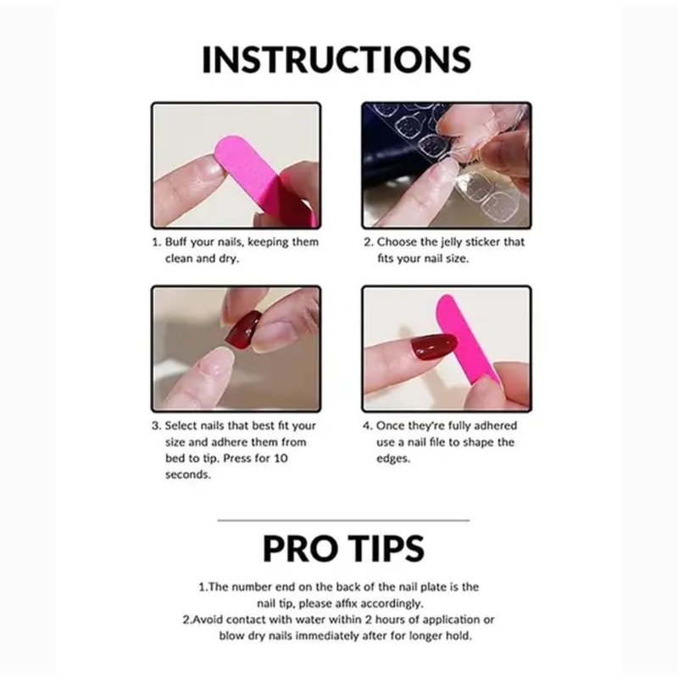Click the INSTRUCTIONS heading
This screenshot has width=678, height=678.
point(336,59)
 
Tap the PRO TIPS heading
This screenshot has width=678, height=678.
point(343,548)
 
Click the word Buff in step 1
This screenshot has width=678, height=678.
point(176,242)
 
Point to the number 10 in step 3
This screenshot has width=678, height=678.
point(281,458)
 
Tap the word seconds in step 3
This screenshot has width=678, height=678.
point(187,475)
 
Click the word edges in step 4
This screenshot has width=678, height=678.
point(393,458)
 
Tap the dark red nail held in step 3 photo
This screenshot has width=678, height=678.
point(243,328)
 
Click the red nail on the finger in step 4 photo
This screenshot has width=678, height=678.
point(433,347)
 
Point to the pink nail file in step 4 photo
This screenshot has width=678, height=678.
point(467,340)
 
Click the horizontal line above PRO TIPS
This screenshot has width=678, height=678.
point(343,520)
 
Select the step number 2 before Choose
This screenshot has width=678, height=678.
point(368,242)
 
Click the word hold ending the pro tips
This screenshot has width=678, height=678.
point(459,636)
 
